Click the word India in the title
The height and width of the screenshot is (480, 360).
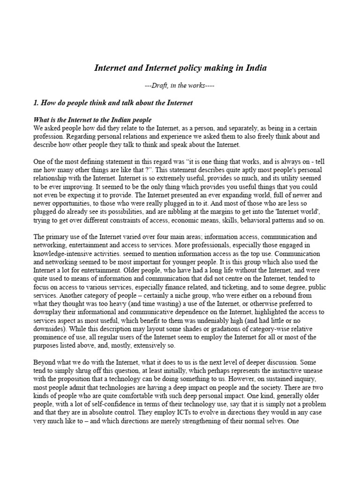tap(255, 68)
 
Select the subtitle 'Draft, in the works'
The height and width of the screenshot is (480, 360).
tap(180, 86)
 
